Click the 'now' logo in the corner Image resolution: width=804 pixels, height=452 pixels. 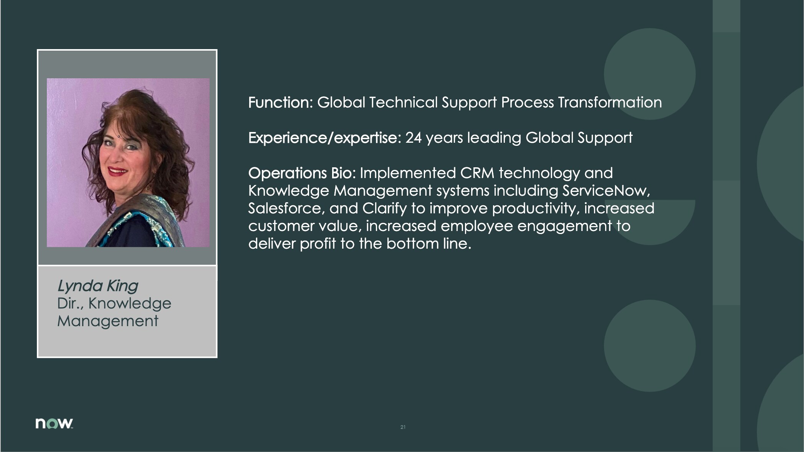(54, 423)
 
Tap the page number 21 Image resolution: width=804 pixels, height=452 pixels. (403, 427)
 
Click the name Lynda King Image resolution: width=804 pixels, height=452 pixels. (98, 286)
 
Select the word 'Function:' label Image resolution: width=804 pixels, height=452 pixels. (281, 102)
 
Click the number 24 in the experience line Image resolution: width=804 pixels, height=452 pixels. (414, 138)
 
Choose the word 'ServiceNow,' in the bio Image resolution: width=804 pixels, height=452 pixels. (606, 191)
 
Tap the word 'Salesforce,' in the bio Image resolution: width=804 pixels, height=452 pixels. (287, 208)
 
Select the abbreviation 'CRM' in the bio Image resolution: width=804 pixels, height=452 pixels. (477, 173)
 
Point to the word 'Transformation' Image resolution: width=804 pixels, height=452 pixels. (610, 102)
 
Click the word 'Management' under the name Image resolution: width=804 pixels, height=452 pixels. (108, 321)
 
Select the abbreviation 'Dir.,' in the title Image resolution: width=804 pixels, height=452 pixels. (71, 304)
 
